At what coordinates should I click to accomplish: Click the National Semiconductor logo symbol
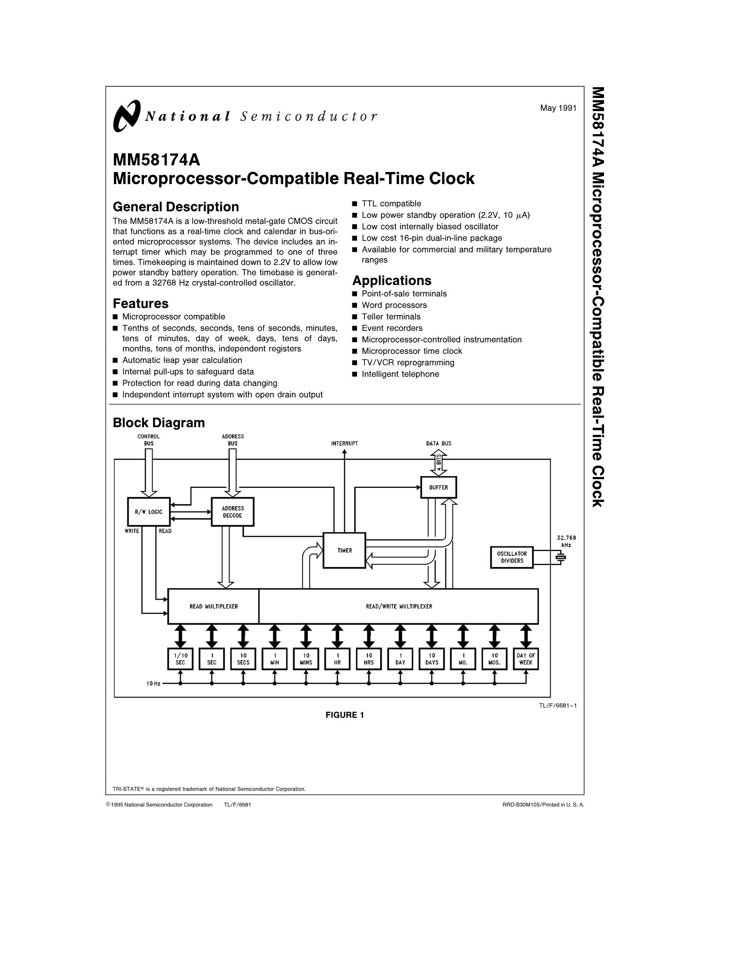pos(127,116)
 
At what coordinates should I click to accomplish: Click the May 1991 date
pos(558,108)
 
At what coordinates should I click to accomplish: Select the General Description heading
pos(176,207)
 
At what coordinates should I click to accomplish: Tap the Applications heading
pos(392,280)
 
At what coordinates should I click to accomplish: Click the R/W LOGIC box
pos(148,512)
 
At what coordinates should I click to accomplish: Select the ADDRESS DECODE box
pos(233,512)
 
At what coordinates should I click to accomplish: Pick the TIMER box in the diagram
pos(344,550)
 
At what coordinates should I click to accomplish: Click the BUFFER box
pos(438,488)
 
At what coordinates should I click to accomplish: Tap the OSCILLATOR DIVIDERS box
pos(512,557)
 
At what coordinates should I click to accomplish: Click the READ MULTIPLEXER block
pos(213,606)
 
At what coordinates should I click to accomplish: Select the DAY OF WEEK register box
pos(526,659)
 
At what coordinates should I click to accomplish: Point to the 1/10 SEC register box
pos(180,659)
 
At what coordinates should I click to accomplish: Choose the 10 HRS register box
pos(369,659)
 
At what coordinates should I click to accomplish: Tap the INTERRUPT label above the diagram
pos(344,443)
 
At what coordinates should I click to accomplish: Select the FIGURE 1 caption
pos(345,715)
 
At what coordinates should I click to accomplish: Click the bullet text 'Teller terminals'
pos(391,317)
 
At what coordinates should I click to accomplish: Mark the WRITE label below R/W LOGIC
pos(132,531)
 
